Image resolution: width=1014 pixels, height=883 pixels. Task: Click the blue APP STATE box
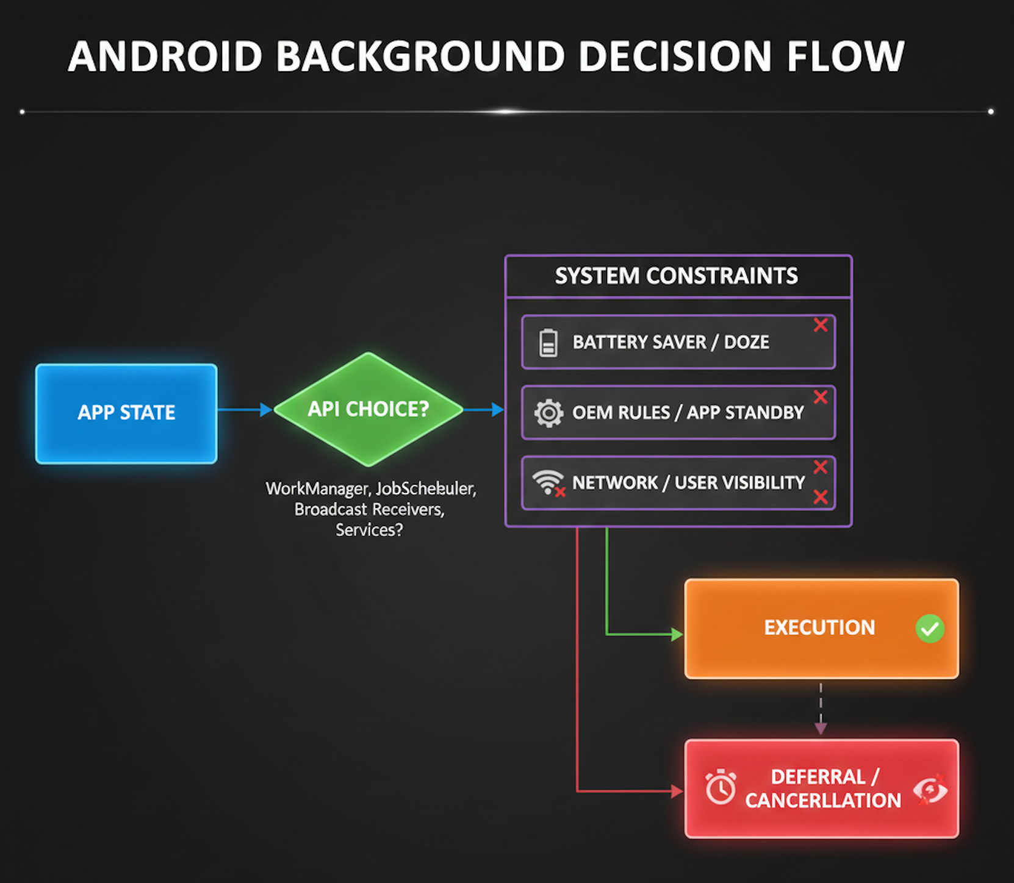click(x=126, y=413)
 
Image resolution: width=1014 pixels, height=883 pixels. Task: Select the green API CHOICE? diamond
click(x=369, y=409)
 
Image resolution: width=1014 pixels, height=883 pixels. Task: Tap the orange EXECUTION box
click(x=821, y=628)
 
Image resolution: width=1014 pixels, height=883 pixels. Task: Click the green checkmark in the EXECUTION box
click(x=930, y=629)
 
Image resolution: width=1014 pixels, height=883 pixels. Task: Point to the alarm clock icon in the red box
click(x=721, y=787)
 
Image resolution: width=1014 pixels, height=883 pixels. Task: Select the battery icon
click(x=548, y=342)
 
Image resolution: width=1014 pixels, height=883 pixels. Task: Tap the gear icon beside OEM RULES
click(x=548, y=413)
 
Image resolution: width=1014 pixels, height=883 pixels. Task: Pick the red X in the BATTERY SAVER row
click(x=821, y=325)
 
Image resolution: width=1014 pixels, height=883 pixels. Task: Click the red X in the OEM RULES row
click(x=821, y=397)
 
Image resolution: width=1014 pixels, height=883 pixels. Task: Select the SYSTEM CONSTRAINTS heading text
click(x=676, y=276)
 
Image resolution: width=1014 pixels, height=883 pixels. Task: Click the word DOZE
click(x=746, y=342)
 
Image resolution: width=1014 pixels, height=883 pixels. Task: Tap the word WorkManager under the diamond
click(x=317, y=488)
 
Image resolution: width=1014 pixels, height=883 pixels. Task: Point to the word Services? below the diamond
click(x=369, y=530)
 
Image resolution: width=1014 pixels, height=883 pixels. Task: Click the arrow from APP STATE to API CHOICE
click(x=244, y=410)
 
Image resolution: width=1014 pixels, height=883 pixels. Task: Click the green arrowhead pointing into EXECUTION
click(x=677, y=635)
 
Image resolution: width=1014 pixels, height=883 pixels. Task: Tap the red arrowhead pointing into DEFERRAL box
click(x=677, y=792)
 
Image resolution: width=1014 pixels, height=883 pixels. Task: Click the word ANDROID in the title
click(x=165, y=57)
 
